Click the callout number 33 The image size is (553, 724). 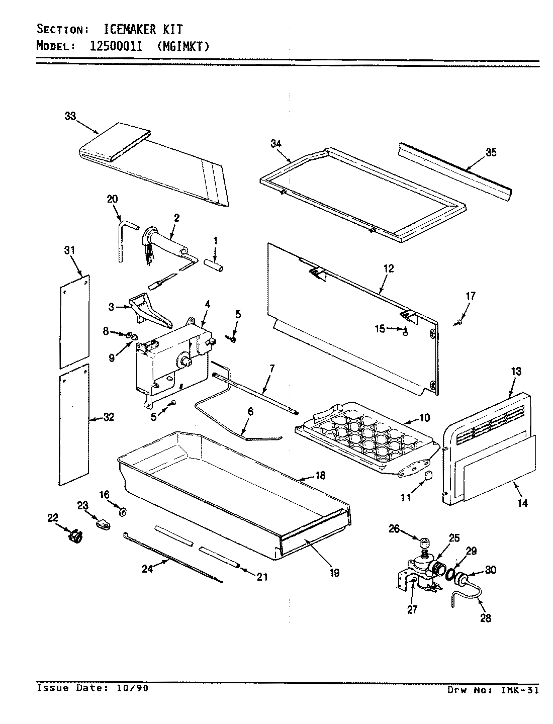[x=70, y=116]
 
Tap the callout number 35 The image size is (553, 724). [x=491, y=152]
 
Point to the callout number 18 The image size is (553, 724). [x=320, y=475]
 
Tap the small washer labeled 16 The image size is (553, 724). [x=122, y=512]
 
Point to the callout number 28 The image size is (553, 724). [x=486, y=618]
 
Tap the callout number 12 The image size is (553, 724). [x=388, y=268]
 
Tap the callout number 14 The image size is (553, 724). [x=523, y=502]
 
